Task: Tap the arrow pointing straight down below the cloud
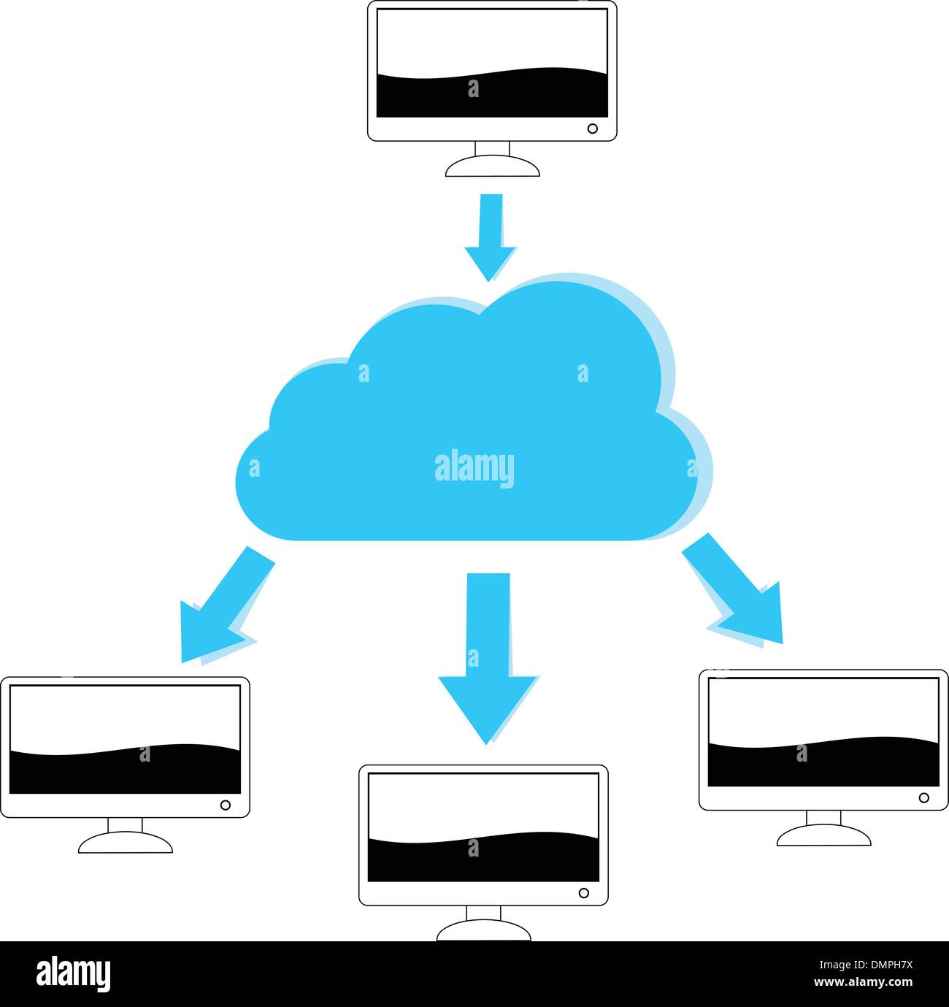(488, 650)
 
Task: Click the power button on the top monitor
(593, 129)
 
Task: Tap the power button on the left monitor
(226, 805)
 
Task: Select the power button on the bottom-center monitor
(583, 892)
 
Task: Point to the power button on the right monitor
(923, 797)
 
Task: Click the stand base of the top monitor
(493, 167)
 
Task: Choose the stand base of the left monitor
(126, 844)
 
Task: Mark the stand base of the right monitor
(823, 837)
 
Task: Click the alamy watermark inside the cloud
(474, 468)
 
